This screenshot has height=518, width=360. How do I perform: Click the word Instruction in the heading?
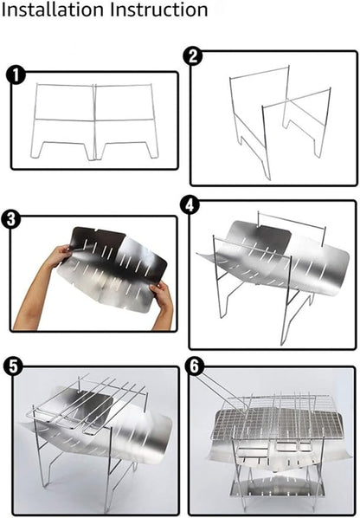pyautogui.click(x=159, y=10)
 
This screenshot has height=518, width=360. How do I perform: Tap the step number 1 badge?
pyautogui.click(x=16, y=75)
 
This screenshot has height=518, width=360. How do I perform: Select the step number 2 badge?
pyautogui.click(x=193, y=56)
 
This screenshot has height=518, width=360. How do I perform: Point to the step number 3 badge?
pyautogui.click(x=11, y=219)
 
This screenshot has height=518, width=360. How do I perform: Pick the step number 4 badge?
pyautogui.click(x=190, y=205)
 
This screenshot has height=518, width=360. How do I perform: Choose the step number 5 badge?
pyautogui.click(x=14, y=366)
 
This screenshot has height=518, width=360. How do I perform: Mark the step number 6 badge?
pyautogui.click(x=195, y=366)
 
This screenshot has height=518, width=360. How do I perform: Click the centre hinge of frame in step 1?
pyautogui.click(x=94, y=121)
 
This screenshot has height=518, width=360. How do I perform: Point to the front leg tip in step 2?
pyautogui.click(x=269, y=178)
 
